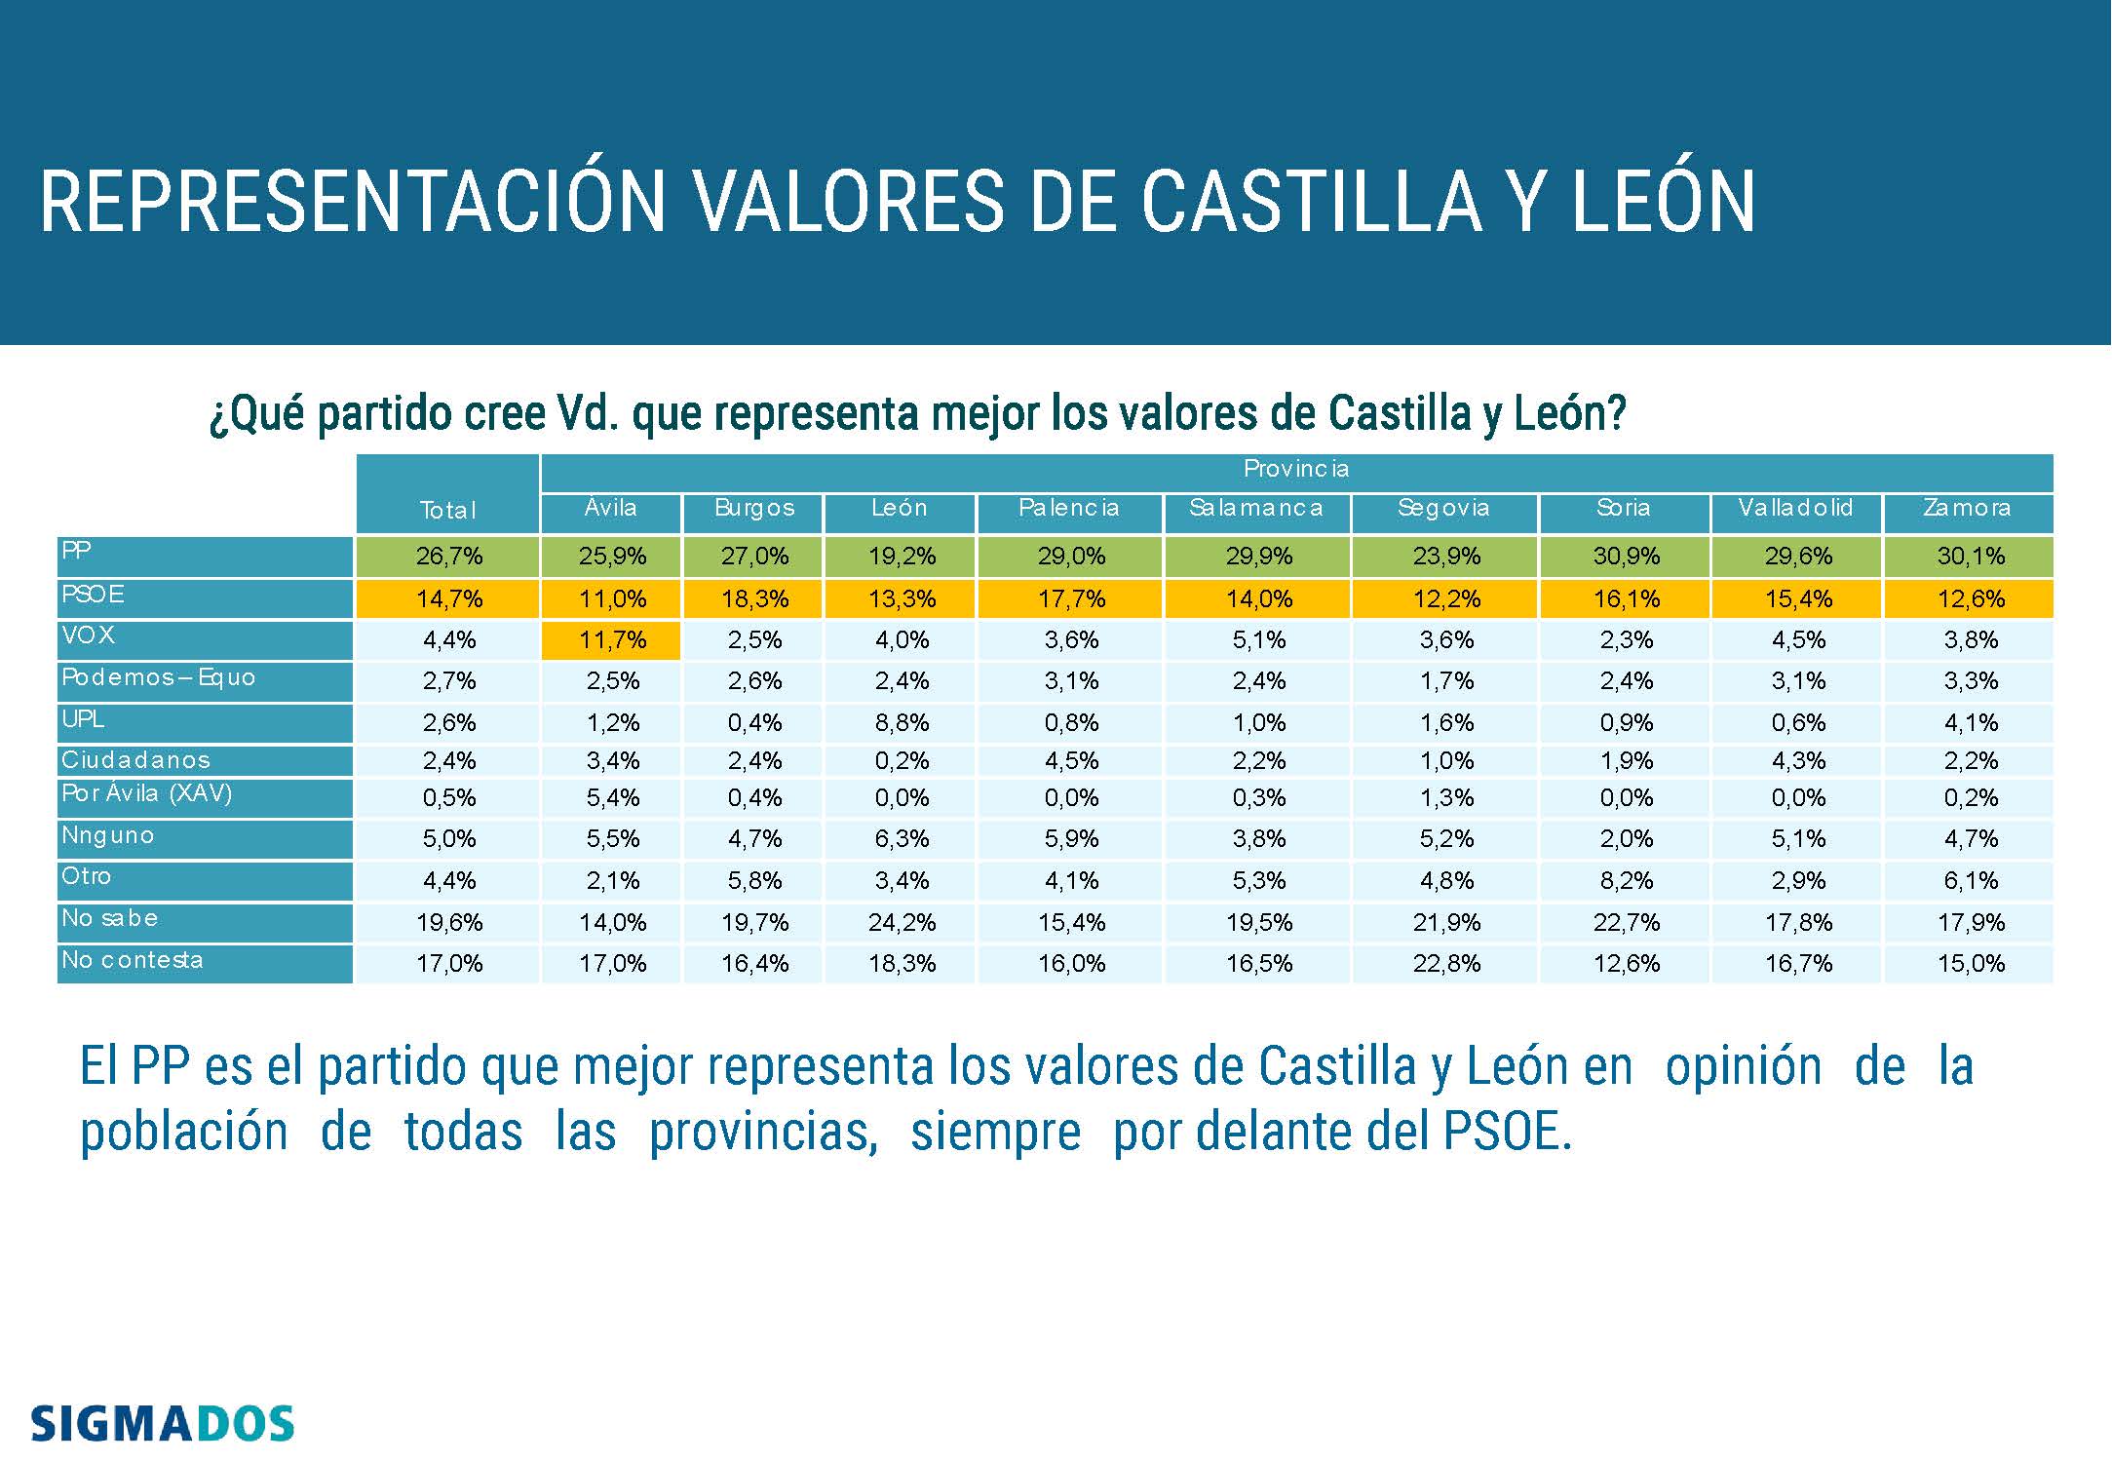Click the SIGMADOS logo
click(162, 1424)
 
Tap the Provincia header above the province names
click(1296, 470)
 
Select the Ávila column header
click(611, 509)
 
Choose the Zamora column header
click(1967, 509)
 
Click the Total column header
click(448, 510)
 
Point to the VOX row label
click(89, 636)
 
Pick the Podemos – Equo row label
click(158, 678)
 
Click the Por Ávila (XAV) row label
click(147, 794)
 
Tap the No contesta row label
click(133, 961)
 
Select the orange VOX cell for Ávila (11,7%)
click(612, 640)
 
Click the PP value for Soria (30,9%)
click(1626, 557)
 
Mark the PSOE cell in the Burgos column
click(754, 599)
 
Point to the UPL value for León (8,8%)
click(902, 723)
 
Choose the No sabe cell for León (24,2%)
click(902, 923)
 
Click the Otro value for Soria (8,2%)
click(1626, 881)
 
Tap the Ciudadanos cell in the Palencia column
click(1070, 761)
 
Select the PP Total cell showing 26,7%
click(449, 557)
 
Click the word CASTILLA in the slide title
click(1311, 202)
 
